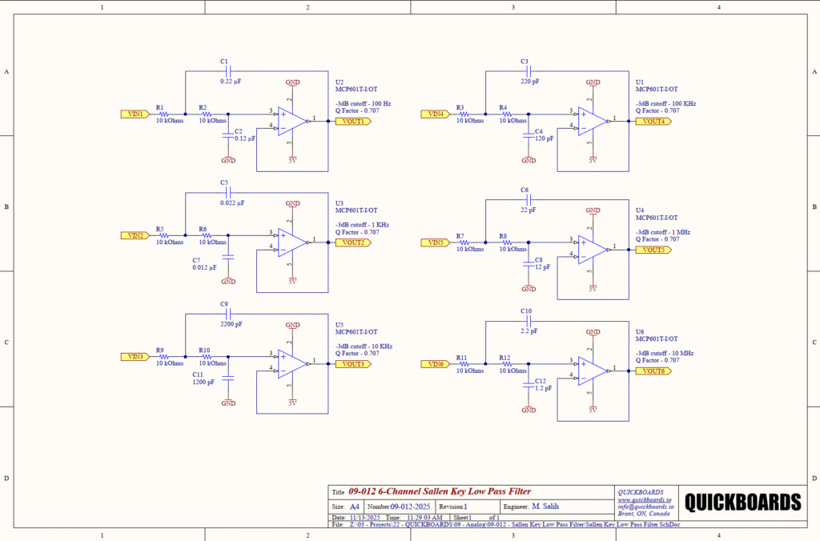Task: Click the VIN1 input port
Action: [x=135, y=114]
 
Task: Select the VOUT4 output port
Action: [x=651, y=122]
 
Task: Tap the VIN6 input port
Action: [x=435, y=364]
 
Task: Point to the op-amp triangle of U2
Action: [x=293, y=121]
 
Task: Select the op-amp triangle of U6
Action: [x=593, y=371]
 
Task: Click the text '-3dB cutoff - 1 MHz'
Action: [x=662, y=232]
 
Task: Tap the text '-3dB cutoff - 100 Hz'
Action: [x=363, y=104]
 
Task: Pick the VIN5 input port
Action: [x=435, y=242]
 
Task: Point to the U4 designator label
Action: [x=640, y=210]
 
